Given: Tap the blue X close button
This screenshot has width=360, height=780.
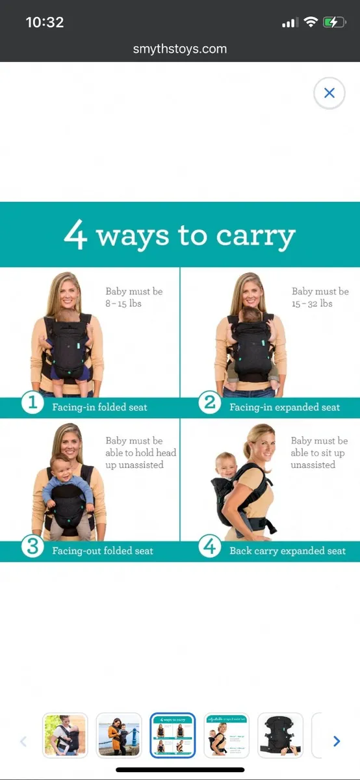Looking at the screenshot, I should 329,93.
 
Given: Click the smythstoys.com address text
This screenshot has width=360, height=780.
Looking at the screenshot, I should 180,49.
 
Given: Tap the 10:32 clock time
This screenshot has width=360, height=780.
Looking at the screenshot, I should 44,22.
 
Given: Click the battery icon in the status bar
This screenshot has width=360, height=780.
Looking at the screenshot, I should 335,22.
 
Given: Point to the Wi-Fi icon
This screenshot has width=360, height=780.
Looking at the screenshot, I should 311,22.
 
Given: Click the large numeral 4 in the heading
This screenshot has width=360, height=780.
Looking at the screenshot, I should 75,235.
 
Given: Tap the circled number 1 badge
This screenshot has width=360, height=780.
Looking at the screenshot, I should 31,403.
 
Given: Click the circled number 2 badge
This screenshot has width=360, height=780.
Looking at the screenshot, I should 209,403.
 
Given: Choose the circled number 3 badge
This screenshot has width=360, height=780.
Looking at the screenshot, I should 31,547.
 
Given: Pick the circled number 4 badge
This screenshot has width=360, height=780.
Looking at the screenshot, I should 209,547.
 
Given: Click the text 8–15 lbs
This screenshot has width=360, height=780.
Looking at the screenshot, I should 123,304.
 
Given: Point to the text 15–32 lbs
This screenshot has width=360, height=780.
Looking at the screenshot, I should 312,304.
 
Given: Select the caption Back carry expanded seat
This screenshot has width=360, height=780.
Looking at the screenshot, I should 287,551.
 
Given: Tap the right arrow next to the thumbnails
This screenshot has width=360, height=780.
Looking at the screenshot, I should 337,741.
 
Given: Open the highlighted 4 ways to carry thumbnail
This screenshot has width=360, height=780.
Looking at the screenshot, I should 172,735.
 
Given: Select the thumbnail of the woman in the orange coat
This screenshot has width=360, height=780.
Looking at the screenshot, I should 118,735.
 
